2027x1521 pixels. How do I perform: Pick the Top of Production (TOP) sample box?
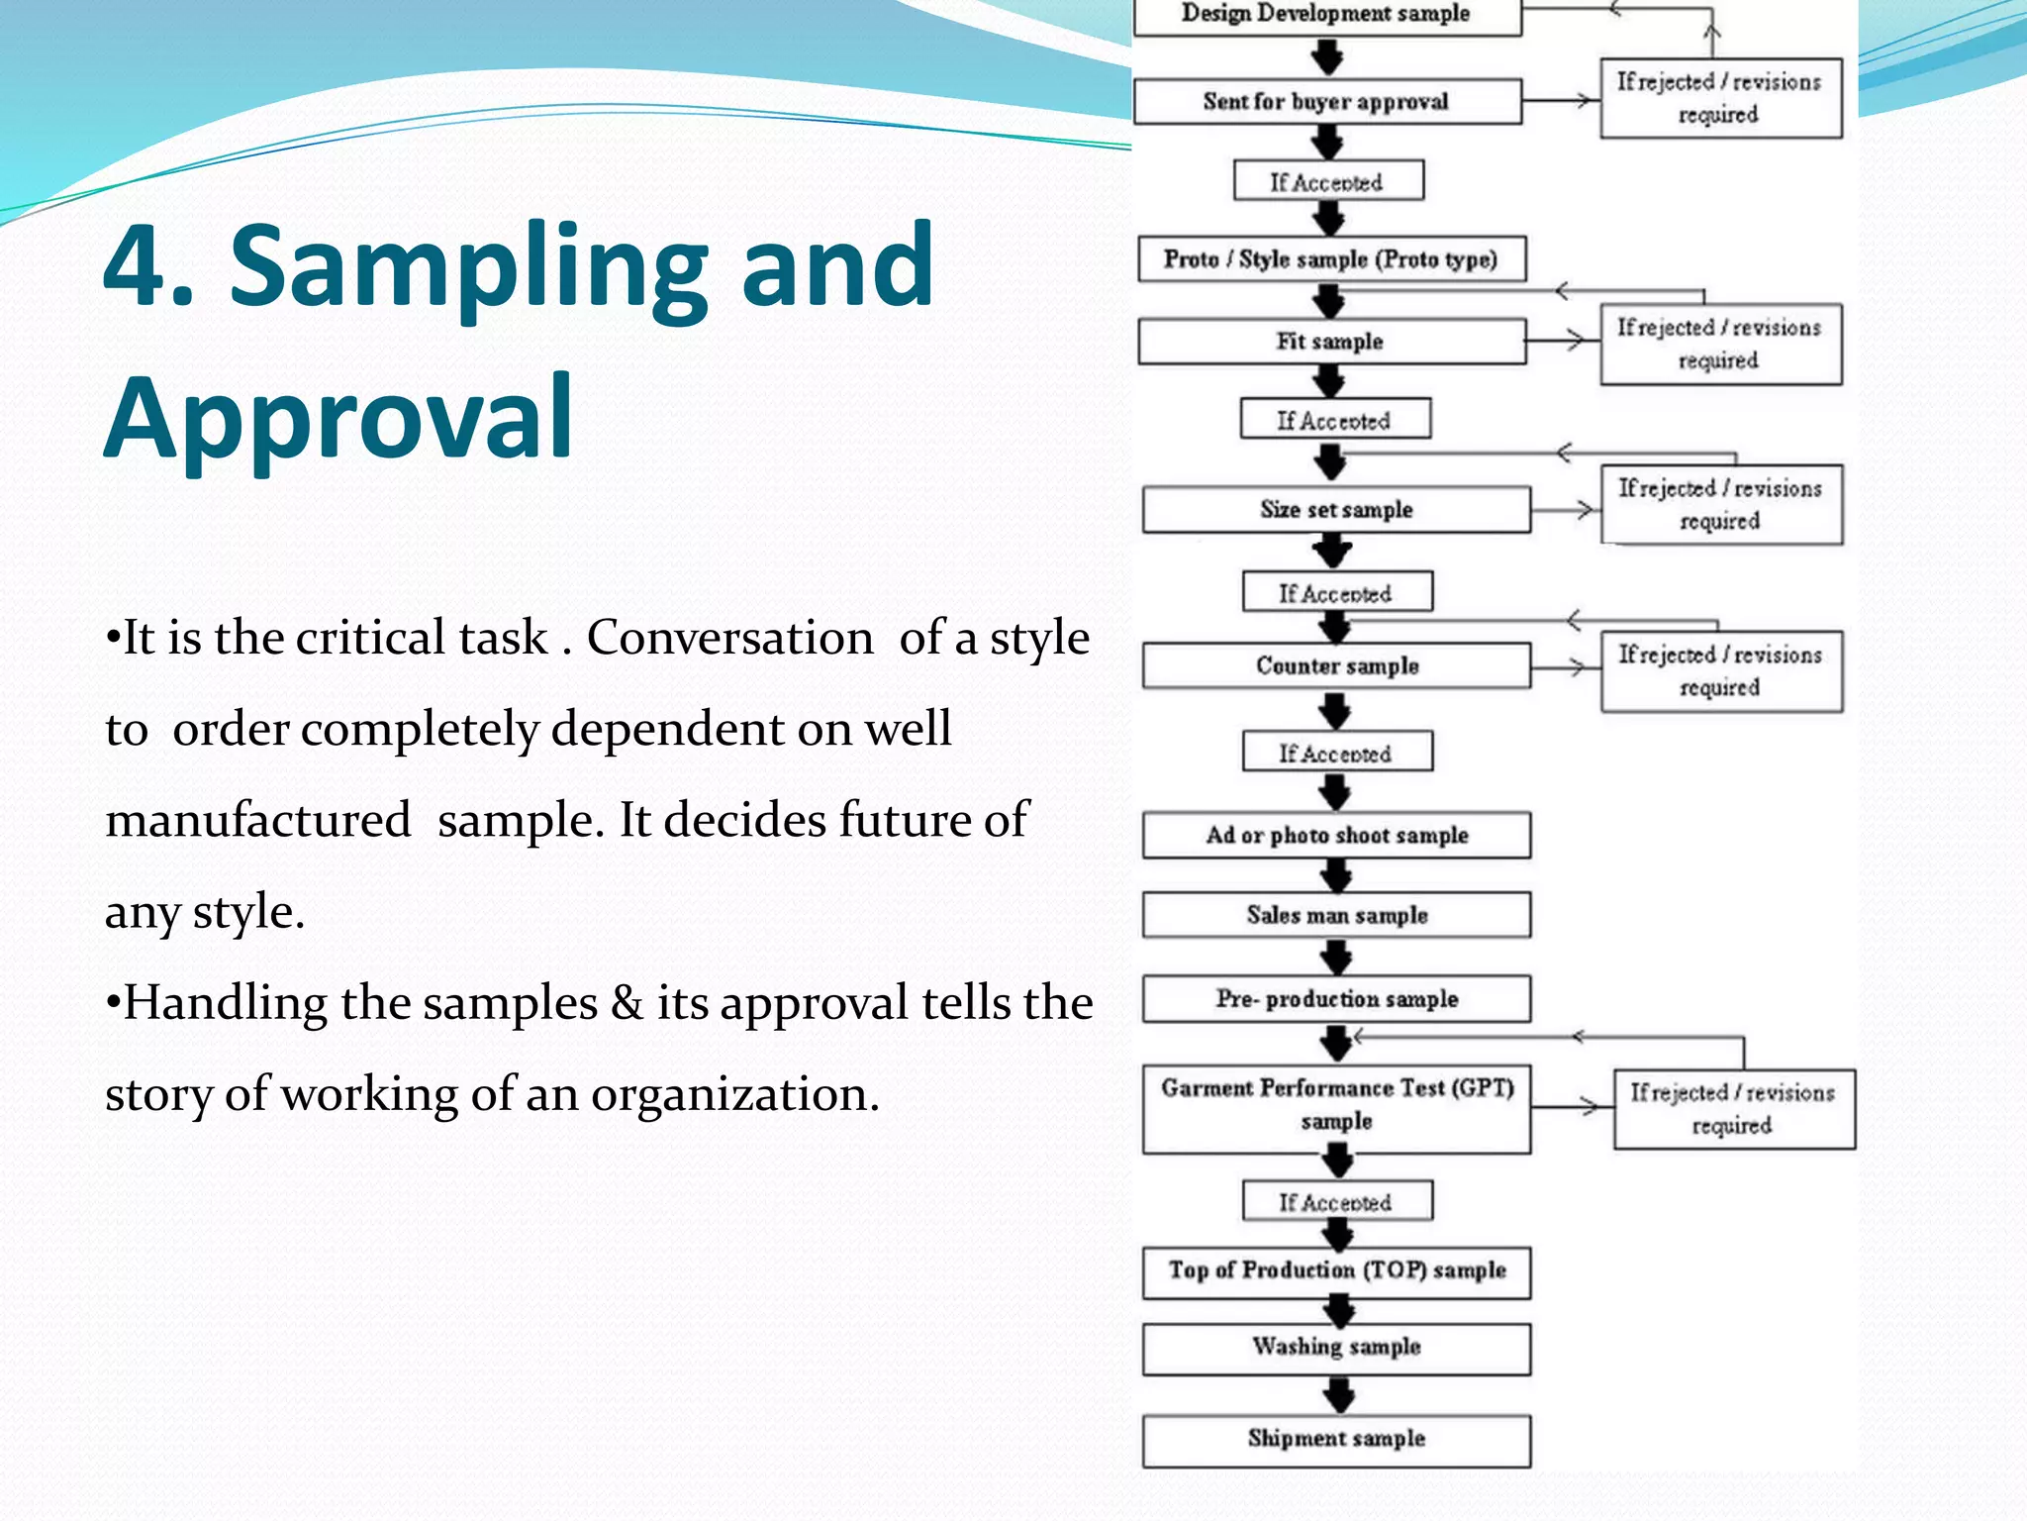[x=1336, y=1270]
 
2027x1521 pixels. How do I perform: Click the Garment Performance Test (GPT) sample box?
[x=1336, y=1106]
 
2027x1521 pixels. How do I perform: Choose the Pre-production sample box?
[x=1336, y=998]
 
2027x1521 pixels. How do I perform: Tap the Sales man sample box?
[x=1336, y=915]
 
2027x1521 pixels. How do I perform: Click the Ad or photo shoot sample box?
[x=1336, y=835]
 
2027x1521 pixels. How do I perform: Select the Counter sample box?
[x=1336, y=665]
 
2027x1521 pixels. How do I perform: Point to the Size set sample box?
[x=1336, y=509]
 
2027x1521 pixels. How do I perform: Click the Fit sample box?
[x=1330, y=341]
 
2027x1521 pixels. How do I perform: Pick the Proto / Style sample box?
[x=1330, y=258]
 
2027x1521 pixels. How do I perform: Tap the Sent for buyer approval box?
[x=1326, y=101]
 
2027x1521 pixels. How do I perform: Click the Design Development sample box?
[x=1326, y=15]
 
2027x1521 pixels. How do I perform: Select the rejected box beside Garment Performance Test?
[x=1733, y=1108]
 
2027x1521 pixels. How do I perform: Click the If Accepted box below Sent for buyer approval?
[x=1327, y=181]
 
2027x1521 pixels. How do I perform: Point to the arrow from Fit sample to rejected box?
[x=1563, y=341]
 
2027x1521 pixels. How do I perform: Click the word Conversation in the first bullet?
[x=730, y=638]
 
